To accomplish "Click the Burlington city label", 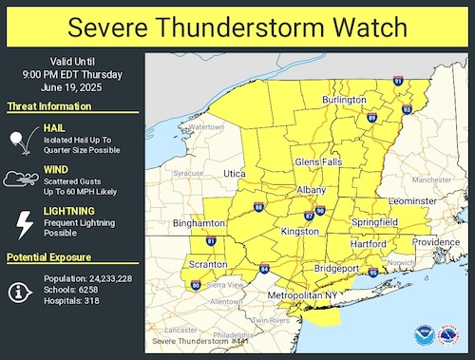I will tap(344, 100).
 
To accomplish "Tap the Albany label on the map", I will tap(312, 191).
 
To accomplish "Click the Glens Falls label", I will tap(319, 162).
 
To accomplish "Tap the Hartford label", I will tap(368, 244).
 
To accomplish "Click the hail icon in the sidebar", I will tap(19, 141).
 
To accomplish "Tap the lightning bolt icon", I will tap(19, 224).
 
